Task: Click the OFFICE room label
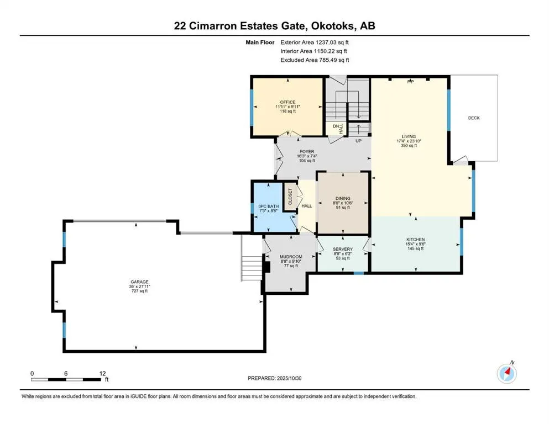pos(287,102)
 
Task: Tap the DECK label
pos(474,118)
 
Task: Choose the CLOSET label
pos(290,197)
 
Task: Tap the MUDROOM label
pos(290,257)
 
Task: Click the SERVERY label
pos(342,249)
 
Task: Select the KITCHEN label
pos(415,239)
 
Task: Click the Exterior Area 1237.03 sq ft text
pos(315,42)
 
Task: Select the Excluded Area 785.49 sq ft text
pos(315,60)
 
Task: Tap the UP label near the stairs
pos(358,141)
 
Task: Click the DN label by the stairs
pos(336,126)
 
